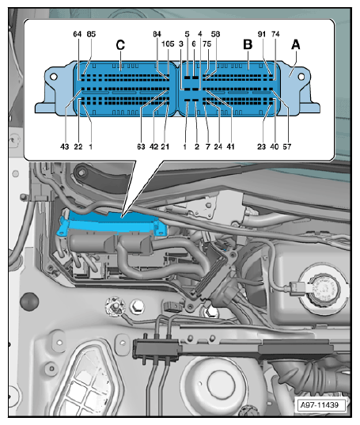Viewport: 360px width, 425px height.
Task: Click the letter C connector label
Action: click(x=120, y=45)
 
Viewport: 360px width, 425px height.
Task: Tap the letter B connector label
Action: click(x=247, y=45)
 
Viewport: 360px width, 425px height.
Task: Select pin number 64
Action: click(x=77, y=35)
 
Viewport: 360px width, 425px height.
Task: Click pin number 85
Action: click(x=91, y=35)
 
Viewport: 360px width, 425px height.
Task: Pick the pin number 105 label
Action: click(x=167, y=45)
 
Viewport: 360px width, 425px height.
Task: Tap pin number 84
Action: click(x=157, y=35)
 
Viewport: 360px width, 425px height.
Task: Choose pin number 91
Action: click(x=262, y=35)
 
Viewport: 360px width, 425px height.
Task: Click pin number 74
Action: click(x=275, y=35)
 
